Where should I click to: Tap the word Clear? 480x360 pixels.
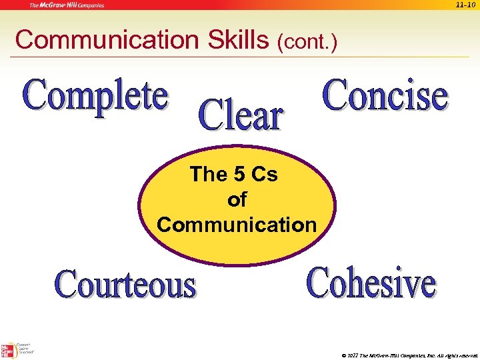[241, 116]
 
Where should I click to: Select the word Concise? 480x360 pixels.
[385, 95]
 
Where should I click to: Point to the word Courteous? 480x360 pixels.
[125, 285]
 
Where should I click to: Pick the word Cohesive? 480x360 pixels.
[371, 283]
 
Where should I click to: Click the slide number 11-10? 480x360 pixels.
[465, 5]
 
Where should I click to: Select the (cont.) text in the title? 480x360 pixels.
[307, 43]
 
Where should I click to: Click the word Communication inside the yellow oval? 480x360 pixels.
[237, 225]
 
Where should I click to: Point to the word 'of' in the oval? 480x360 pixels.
[237, 199]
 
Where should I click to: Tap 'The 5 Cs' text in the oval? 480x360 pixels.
[234, 175]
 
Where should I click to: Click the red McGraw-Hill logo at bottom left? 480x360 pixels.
[9, 350]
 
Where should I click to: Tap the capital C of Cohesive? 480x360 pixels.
[318, 282]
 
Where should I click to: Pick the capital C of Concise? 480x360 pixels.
[335, 95]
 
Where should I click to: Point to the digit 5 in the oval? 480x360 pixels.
[239, 175]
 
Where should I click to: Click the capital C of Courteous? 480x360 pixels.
[67, 285]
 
